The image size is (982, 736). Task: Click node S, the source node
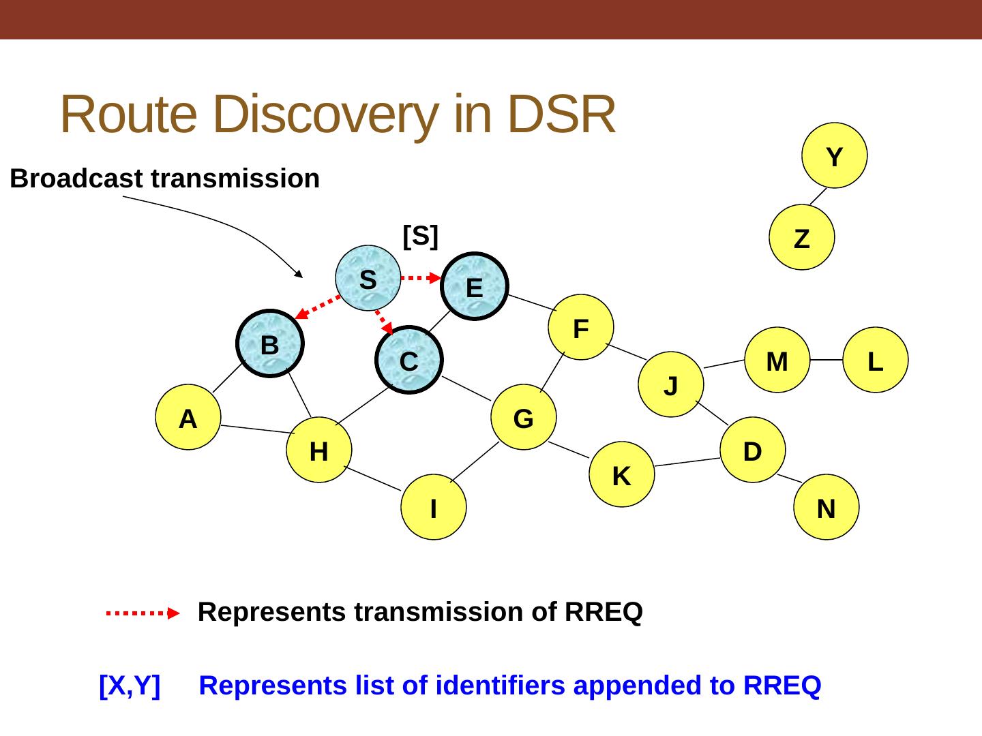[x=368, y=278]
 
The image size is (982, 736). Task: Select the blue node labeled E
[x=475, y=286]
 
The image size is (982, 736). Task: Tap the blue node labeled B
[x=270, y=344]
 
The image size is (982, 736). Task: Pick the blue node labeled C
[x=409, y=360]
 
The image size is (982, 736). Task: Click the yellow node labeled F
[x=581, y=328]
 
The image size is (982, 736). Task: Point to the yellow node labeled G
[x=524, y=417]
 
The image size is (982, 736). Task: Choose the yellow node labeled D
[x=753, y=450]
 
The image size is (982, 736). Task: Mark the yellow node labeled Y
[x=835, y=155]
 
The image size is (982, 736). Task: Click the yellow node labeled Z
[x=802, y=238]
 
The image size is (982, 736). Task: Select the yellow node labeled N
[x=827, y=507]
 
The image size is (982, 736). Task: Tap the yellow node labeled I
[x=434, y=507]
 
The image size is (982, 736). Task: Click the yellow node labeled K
[x=622, y=475]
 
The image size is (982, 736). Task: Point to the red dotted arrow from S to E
[x=421, y=277]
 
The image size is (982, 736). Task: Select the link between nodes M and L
[x=826, y=360]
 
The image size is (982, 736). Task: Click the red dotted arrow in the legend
[x=142, y=613]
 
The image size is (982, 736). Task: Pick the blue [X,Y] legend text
[x=130, y=685]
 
